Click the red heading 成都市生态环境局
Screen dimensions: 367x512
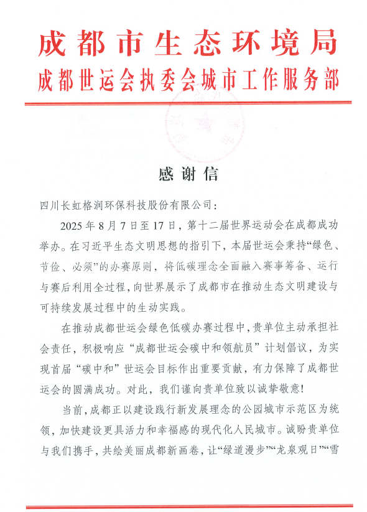coord(187,43)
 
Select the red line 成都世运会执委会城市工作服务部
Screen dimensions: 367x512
coord(187,79)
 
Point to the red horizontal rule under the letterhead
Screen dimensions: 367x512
coord(187,104)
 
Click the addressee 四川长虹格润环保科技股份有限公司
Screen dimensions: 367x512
coord(128,205)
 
